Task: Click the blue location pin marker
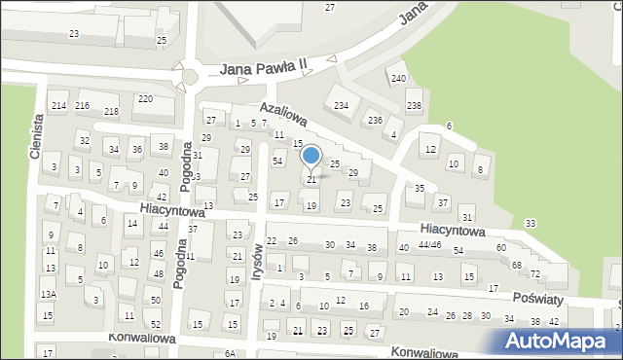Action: tap(311, 156)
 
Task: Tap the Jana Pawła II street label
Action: tap(263, 69)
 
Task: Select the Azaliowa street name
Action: tap(283, 115)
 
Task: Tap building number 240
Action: tap(397, 78)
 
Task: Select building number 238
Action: tap(414, 105)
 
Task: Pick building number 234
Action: tap(341, 105)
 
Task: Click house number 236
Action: tap(375, 120)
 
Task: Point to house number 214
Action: tap(58, 105)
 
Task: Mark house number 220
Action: tap(144, 99)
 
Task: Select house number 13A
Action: tap(48, 294)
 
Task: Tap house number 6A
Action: tap(230, 353)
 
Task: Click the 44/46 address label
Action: tap(429, 245)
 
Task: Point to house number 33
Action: tap(530, 224)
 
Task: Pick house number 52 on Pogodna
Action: tap(155, 324)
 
